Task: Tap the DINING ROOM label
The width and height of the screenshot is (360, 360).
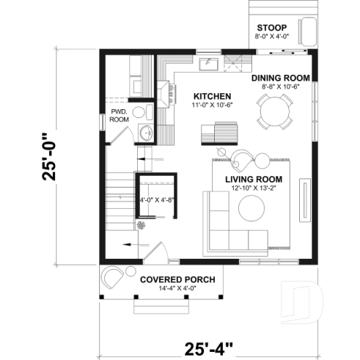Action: pos(281,78)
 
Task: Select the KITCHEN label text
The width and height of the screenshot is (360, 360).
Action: pos(213,96)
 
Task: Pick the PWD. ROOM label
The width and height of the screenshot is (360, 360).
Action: pos(119,115)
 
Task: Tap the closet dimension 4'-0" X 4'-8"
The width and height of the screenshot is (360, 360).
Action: pos(155,199)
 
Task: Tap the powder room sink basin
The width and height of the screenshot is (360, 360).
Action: pos(146,133)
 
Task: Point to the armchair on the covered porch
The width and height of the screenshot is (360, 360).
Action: pos(113,278)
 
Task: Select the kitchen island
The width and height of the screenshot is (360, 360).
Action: pos(221,133)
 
